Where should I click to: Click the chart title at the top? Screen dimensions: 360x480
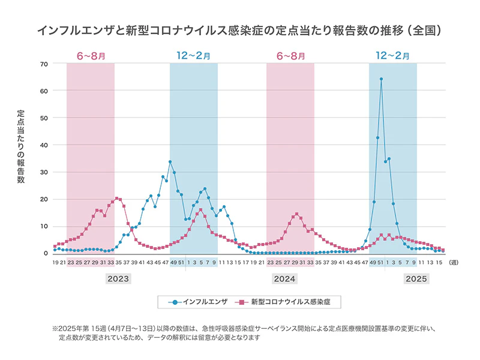point(240,29)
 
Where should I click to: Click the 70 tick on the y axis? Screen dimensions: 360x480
point(44,64)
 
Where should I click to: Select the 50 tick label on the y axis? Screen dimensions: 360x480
point(44,118)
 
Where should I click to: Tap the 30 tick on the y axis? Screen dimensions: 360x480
point(44,172)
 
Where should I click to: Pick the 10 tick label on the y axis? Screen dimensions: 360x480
point(44,226)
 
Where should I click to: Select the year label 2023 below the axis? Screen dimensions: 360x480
point(118,279)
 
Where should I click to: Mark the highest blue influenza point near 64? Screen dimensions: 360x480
point(381,79)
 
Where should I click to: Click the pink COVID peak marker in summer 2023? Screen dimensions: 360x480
point(116,198)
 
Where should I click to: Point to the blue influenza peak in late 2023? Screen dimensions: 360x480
point(170,162)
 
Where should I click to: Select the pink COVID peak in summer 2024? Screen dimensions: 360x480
point(296,214)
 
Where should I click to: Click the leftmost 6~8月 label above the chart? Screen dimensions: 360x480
point(91,56)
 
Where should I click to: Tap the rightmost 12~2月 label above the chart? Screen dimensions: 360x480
point(393,56)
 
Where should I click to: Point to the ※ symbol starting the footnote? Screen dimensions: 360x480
point(55,329)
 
